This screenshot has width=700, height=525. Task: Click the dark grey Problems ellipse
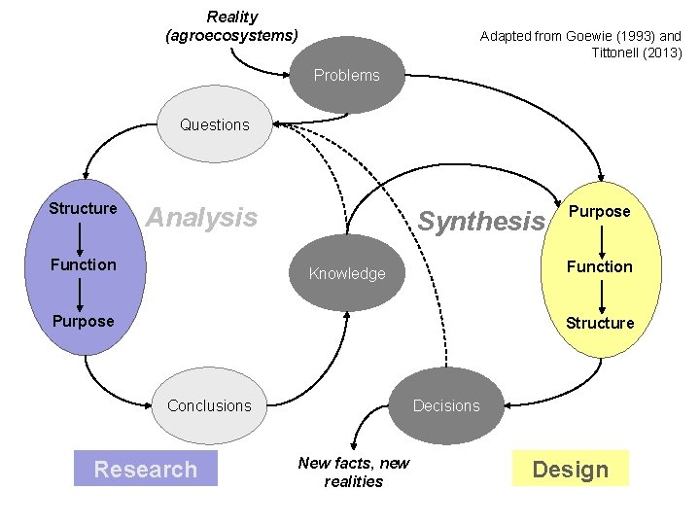click(x=347, y=76)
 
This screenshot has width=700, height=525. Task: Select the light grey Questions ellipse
click(x=215, y=124)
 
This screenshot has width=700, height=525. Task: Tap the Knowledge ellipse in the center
click(x=347, y=273)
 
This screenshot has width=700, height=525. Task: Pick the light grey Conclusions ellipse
click(x=209, y=405)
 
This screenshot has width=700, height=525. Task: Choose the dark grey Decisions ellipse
click(x=446, y=405)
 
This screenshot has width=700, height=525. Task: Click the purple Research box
click(x=146, y=470)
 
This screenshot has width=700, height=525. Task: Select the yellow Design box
click(x=570, y=470)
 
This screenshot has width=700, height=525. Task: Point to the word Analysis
click(x=201, y=217)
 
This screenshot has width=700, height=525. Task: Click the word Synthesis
click(x=481, y=222)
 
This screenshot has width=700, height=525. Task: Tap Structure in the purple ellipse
click(x=83, y=208)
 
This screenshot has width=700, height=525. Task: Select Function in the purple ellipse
click(x=83, y=264)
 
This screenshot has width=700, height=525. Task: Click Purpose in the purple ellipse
click(x=83, y=321)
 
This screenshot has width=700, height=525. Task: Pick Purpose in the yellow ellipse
click(x=600, y=211)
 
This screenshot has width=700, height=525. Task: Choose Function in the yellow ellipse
click(x=600, y=266)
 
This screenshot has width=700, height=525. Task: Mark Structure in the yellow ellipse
click(x=600, y=323)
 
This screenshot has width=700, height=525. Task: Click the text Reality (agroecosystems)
click(x=232, y=26)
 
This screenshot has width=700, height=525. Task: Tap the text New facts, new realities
click(x=354, y=472)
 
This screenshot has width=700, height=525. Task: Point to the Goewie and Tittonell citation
click(x=581, y=44)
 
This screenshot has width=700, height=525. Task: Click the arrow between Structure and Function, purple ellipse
click(x=83, y=236)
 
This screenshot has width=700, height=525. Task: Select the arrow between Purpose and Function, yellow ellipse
click(x=601, y=239)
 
